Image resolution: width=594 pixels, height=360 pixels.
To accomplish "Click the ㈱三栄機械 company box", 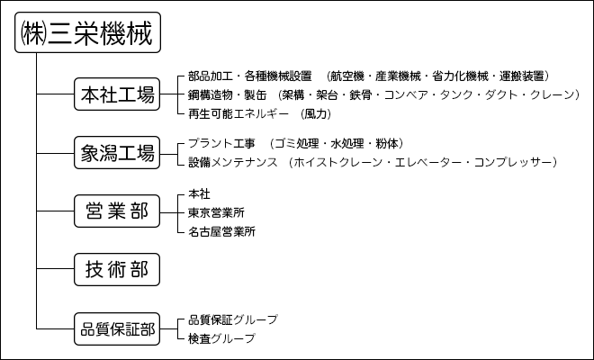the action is click(x=87, y=32).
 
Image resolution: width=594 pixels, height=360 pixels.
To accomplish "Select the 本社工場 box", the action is click(x=117, y=94).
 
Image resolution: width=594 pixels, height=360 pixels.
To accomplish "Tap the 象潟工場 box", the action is click(x=117, y=153).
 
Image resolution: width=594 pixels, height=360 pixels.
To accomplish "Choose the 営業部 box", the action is click(x=117, y=211).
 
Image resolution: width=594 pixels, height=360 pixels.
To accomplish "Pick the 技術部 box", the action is click(x=117, y=269).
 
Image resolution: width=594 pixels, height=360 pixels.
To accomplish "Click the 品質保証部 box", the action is click(x=117, y=328).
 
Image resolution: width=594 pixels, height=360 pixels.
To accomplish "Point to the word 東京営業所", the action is click(x=216, y=212).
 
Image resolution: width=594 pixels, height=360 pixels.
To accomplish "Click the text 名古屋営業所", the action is click(x=222, y=231).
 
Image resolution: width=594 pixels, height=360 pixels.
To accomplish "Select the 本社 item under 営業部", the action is click(x=199, y=194).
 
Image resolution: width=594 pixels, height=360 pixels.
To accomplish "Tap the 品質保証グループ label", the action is click(x=233, y=319).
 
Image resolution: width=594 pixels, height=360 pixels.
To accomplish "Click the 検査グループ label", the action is click(x=222, y=338).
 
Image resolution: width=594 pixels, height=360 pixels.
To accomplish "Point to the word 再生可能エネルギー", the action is click(x=238, y=113).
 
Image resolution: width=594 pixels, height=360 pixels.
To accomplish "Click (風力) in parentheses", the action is click(x=316, y=113).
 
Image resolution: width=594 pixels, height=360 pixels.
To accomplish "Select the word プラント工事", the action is click(x=222, y=143).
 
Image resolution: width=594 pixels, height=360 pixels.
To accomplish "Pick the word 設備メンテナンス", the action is click(x=233, y=162).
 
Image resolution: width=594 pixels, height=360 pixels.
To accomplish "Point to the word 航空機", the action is click(x=347, y=76).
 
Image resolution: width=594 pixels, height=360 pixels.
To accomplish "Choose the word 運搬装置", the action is click(x=522, y=76).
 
